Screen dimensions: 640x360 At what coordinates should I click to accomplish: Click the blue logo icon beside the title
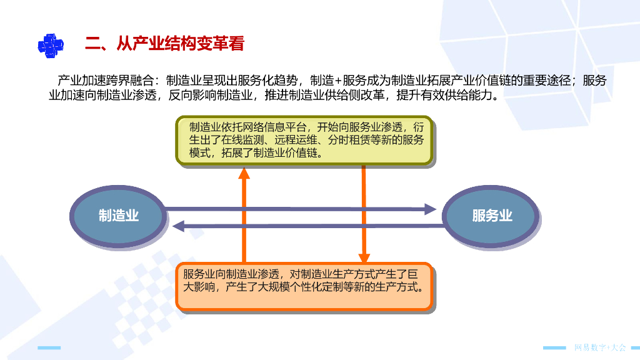pyautogui.click(x=51, y=44)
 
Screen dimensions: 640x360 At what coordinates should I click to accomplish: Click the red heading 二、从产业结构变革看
pyautogui.click(x=164, y=44)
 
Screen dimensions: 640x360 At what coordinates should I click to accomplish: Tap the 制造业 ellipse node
pyautogui.click(x=119, y=216)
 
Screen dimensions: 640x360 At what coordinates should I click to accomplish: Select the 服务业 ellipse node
pyautogui.click(x=492, y=216)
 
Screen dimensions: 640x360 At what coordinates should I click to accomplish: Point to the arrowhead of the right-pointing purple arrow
pyautogui.click(x=430, y=209)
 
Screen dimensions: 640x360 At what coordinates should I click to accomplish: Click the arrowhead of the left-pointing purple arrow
pyautogui.click(x=179, y=226)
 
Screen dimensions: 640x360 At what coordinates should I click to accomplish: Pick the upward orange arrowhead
pyautogui.click(x=244, y=171)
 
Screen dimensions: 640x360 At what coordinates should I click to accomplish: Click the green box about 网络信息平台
pyautogui.click(x=304, y=140)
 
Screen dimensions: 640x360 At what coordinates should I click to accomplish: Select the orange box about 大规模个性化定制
pyautogui.click(x=304, y=287)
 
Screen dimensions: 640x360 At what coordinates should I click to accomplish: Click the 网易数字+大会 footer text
pyautogui.click(x=599, y=347)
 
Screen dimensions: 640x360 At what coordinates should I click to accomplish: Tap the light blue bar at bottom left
pyautogui.click(x=49, y=347)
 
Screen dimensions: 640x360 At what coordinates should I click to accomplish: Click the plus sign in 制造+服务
pyautogui.click(x=339, y=81)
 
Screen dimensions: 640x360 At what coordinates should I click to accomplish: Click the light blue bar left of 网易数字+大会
pyautogui.click(x=554, y=347)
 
